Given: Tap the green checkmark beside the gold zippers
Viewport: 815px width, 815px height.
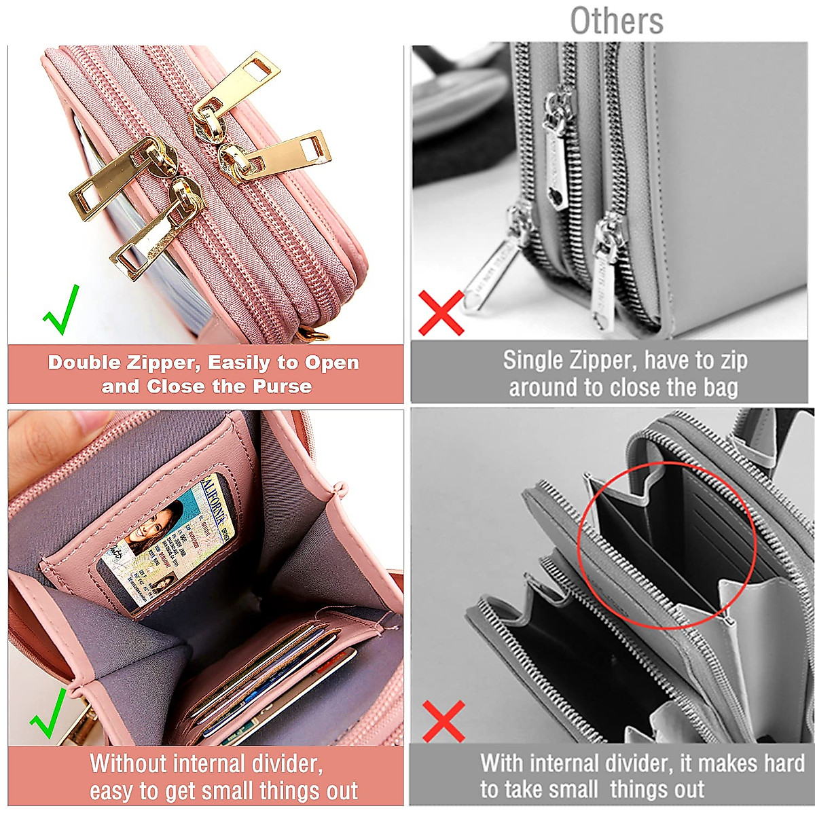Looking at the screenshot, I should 62,312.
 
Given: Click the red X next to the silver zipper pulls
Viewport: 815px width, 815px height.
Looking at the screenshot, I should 441,313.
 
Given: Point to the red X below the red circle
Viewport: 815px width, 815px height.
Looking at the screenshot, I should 443,721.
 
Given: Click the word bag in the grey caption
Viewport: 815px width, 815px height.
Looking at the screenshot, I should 721,387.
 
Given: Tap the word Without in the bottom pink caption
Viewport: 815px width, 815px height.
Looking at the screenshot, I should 129,763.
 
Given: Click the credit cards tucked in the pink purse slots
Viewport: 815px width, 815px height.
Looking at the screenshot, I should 272,679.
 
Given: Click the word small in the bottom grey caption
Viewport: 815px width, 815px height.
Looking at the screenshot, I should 570,790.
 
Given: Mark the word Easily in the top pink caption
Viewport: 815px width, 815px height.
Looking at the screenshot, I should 239,363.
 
